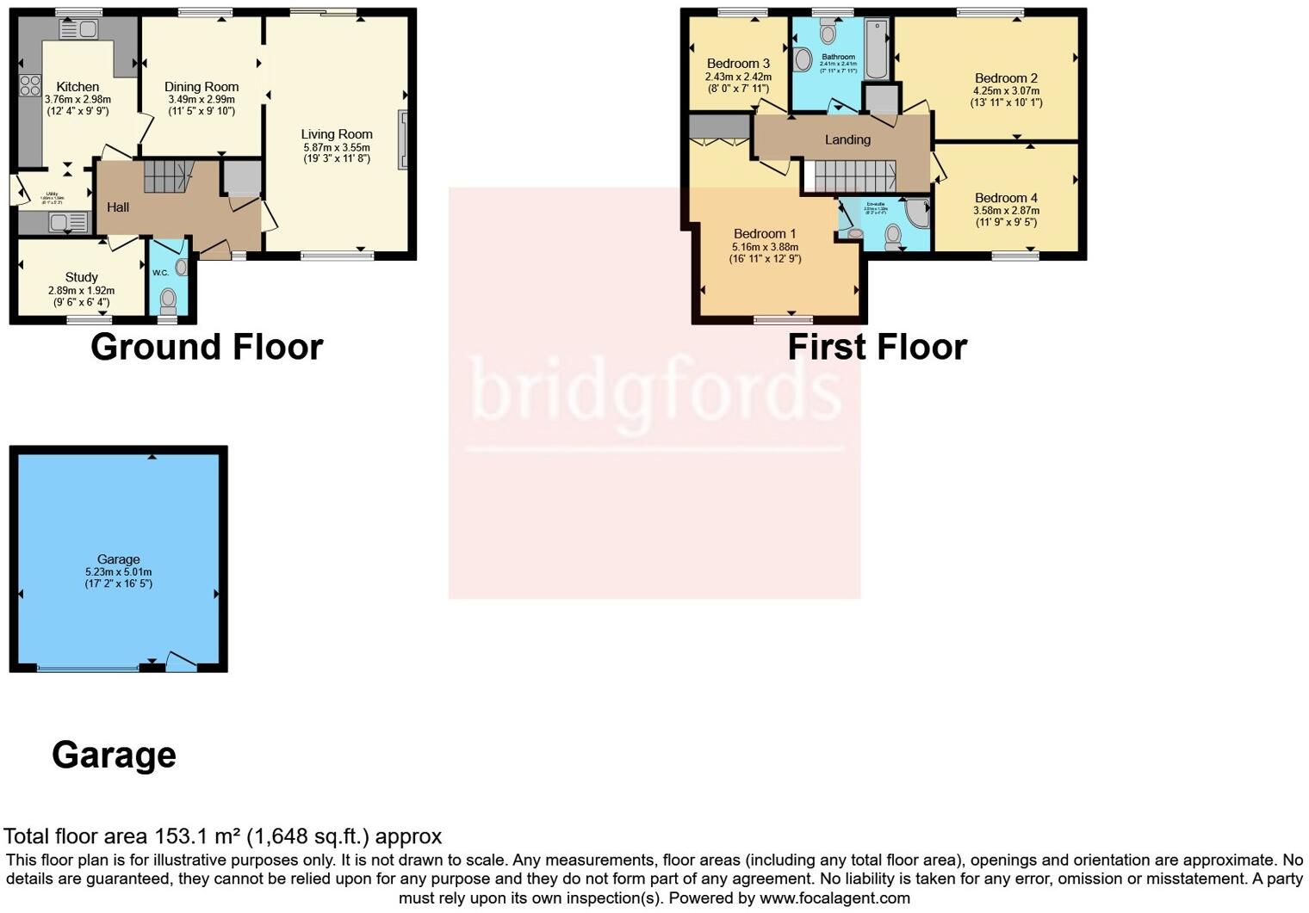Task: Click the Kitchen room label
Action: pos(78,87)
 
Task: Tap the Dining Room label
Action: pos(202,87)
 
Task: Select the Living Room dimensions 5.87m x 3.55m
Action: pos(336,147)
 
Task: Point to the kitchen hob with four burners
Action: pos(29,84)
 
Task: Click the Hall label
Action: pos(118,207)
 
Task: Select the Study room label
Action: pos(82,277)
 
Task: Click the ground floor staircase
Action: pos(166,176)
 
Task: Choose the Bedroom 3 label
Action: pos(738,64)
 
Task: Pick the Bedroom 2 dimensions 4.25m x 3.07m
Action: pos(1006,90)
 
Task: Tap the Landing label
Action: pos(847,139)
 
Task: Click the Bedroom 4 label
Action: pos(1006,198)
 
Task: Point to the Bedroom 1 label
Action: pos(765,234)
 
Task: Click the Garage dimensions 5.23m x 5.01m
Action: pos(118,571)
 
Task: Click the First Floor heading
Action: pos(877,347)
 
